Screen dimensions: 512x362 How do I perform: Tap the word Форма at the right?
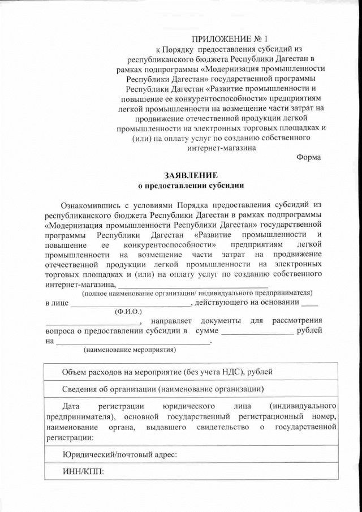308,158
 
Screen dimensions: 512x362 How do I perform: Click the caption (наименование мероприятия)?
130,350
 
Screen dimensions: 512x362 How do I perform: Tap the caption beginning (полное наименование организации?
197,293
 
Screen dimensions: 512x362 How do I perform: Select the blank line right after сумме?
257,332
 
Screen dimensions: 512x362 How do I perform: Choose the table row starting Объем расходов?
167,372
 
